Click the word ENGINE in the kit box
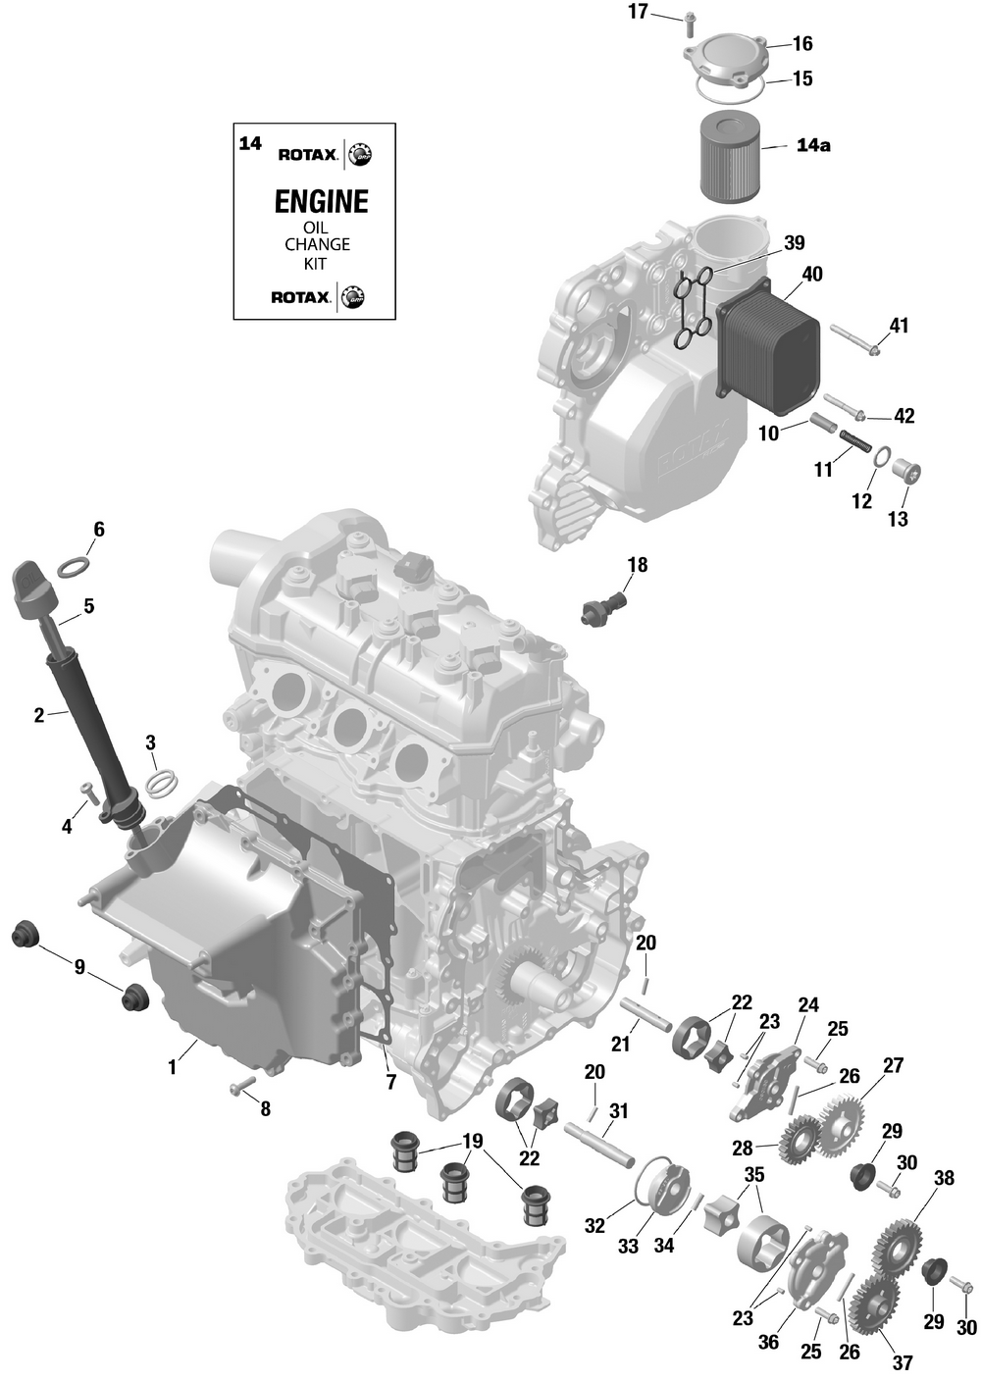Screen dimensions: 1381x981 pos(321,202)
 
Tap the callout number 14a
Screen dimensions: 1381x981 pos(812,145)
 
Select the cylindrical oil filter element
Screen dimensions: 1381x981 pos(730,155)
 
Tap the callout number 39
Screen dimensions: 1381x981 pos(794,242)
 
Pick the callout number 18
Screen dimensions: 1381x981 pos(638,565)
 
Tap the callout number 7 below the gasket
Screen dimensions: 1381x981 pos(390,1082)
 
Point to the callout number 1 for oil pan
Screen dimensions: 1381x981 pos(173,1067)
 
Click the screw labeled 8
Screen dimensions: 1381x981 pos(240,1086)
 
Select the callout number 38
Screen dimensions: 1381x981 pos(944,1177)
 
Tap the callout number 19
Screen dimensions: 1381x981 pos(473,1141)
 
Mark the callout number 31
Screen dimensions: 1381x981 pos(618,1111)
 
